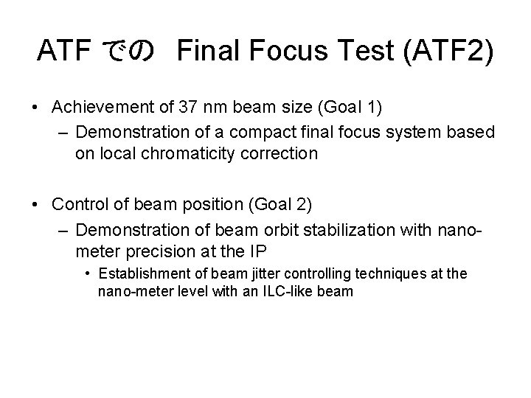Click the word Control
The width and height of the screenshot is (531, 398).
pyautogui.click(x=81, y=203)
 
